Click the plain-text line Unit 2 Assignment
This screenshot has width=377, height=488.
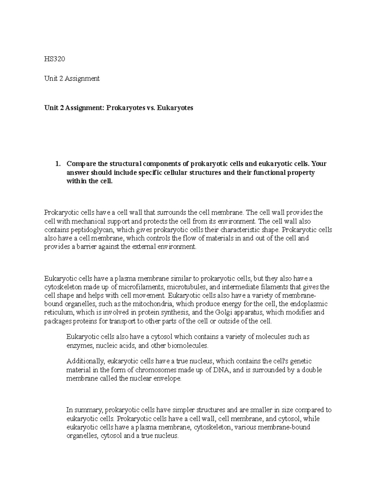coord(72,79)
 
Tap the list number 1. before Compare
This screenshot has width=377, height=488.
coord(57,164)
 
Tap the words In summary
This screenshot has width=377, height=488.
coord(85,410)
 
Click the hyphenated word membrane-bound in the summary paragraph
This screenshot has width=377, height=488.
coord(288,427)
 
